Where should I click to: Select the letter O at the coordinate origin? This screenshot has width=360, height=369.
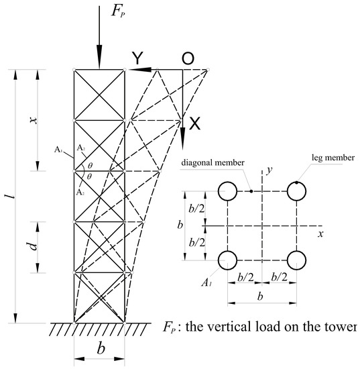pyautogui.click(x=188, y=60)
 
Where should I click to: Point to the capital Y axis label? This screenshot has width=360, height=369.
pyautogui.click(x=136, y=60)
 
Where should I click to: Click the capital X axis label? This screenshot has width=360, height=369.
pyautogui.click(x=194, y=123)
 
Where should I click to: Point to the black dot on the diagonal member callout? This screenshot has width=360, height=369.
pyautogui.click(x=250, y=191)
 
